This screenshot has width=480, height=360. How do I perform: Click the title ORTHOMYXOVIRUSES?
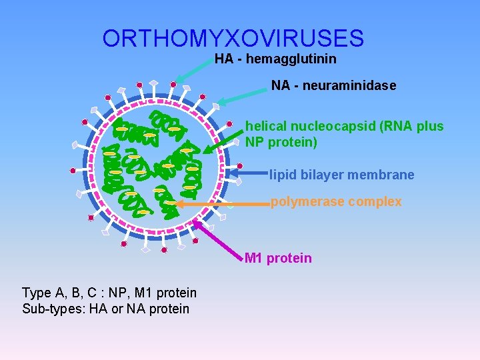coord(233,38)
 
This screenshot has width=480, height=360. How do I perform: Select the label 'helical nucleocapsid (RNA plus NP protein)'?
coord(344,134)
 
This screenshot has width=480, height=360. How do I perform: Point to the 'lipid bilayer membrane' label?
coord(342,175)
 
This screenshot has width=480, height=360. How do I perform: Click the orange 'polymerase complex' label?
coord(336,201)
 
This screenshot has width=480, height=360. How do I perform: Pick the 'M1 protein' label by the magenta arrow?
coord(278,258)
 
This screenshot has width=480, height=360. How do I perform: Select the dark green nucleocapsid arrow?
coord(223,141)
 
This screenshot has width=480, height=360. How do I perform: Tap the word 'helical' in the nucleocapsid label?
coord(265,127)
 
